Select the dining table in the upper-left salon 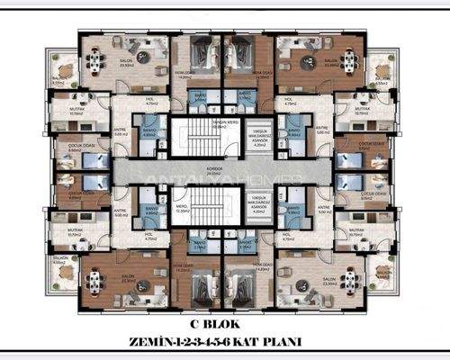pyautogui.click(x=95, y=54)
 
